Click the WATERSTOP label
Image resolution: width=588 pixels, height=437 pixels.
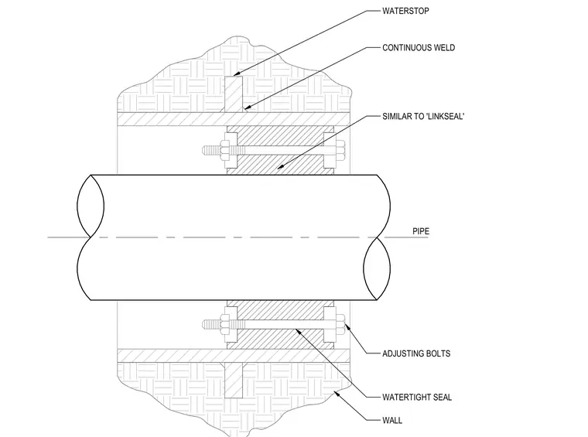tap(405, 11)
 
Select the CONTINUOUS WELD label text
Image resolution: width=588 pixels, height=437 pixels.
tap(419, 48)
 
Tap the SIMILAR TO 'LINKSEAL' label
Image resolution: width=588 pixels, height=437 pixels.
tap(423, 116)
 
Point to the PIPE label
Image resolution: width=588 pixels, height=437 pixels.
tap(421, 231)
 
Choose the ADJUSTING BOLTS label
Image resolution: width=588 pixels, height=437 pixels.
tap(416, 353)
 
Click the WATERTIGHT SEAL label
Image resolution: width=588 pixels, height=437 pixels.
tap(416, 398)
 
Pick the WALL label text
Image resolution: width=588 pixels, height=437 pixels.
tap(392, 421)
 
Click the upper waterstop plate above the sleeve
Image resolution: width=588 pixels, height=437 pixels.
tap(234, 94)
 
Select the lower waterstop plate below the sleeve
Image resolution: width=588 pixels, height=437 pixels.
tap(234, 381)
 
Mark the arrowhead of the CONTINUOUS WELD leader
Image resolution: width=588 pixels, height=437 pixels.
tap(245, 109)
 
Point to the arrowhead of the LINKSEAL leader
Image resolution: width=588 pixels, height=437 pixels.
tap(280, 167)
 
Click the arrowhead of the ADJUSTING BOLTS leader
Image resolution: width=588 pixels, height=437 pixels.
tap(347, 327)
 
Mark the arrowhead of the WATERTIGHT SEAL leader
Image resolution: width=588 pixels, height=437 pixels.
tap(297, 330)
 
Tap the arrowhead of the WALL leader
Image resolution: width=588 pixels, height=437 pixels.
tap(337, 392)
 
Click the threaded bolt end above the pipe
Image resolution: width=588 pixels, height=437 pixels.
tap(211, 150)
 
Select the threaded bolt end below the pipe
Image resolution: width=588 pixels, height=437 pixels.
tap(211, 324)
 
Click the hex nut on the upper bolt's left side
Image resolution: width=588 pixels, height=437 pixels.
tap(226, 150)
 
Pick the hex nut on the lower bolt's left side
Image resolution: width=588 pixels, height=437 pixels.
tap(226, 324)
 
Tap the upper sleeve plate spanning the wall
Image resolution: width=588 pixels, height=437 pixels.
tap(234, 119)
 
